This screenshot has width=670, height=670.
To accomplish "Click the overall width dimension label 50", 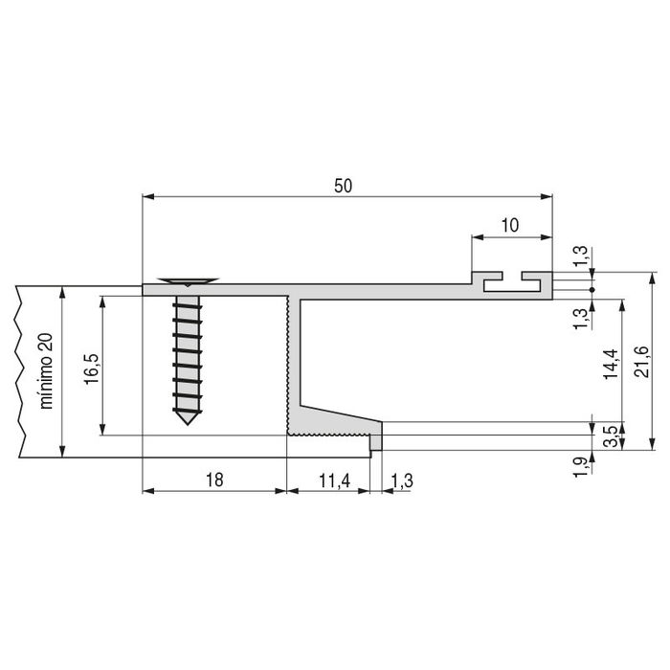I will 344,187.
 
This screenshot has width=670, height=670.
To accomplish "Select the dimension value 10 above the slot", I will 510,226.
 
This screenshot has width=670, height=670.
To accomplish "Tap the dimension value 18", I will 214,480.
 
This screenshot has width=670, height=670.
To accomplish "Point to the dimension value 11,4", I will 327,480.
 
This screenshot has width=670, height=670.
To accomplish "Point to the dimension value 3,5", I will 610,435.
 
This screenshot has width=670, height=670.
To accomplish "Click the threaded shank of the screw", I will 187,354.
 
